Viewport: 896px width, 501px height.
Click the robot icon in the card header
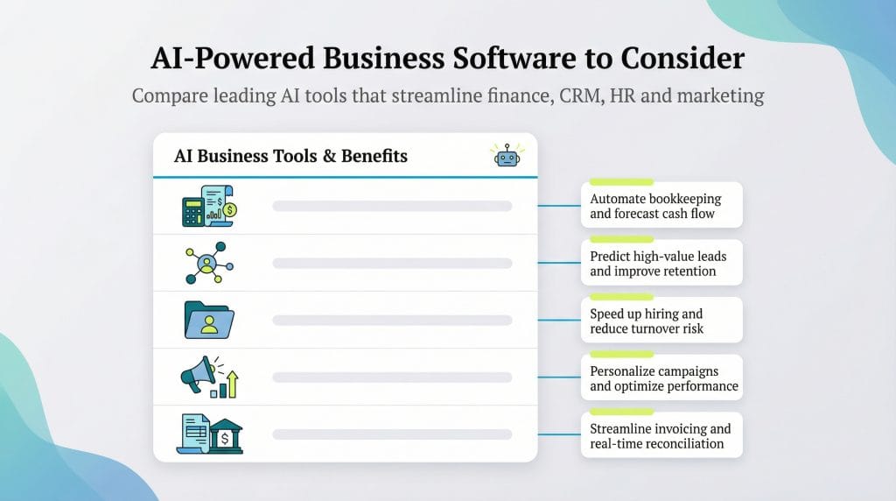pyautogui.click(x=506, y=155)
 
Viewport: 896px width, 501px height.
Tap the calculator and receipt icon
pyautogui.click(x=209, y=206)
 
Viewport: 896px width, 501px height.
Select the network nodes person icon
pyautogui.click(x=206, y=263)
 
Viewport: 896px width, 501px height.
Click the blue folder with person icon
pyautogui.click(x=209, y=320)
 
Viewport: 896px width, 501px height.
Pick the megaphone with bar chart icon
pyautogui.click(x=209, y=377)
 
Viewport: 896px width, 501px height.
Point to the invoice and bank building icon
pyautogui.click(x=209, y=434)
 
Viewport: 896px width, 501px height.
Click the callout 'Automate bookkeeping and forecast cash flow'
pyautogui.click(x=661, y=206)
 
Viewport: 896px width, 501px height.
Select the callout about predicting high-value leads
pyautogui.click(x=661, y=264)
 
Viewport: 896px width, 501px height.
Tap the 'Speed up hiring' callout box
pyautogui.click(x=661, y=321)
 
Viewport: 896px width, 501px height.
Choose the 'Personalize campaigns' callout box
pyautogui.click(x=661, y=378)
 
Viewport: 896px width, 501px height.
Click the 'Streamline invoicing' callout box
pyautogui.click(x=661, y=435)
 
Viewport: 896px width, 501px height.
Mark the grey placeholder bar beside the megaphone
pyautogui.click(x=392, y=378)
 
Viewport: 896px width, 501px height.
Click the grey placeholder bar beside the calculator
pyautogui.click(x=392, y=207)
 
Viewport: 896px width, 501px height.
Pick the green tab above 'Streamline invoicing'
pyautogui.click(x=621, y=412)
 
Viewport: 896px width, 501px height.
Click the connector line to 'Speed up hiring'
pyautogui.click(x=558, y=321)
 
